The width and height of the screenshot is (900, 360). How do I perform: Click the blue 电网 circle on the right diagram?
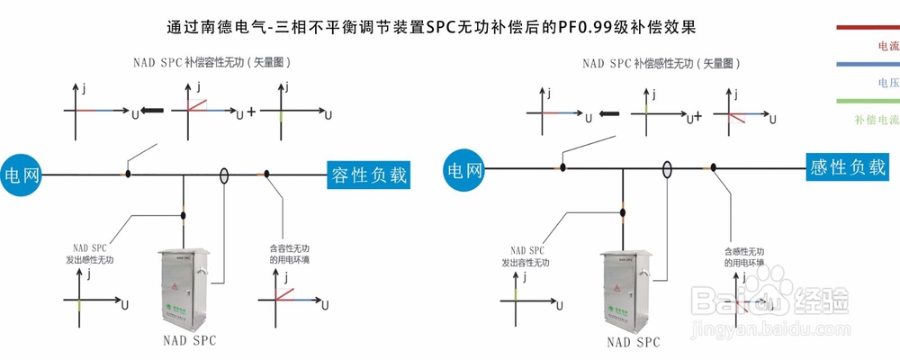465,168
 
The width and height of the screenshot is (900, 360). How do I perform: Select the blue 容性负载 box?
369,175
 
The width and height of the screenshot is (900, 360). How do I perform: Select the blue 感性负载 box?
848,167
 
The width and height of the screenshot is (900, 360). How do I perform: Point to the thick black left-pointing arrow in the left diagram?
153,112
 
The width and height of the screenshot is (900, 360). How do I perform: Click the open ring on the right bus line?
668,168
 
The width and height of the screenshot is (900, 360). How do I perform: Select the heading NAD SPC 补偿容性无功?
212,63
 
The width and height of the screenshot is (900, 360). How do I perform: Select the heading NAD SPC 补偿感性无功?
661,63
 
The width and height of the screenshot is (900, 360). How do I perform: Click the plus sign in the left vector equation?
251,112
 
